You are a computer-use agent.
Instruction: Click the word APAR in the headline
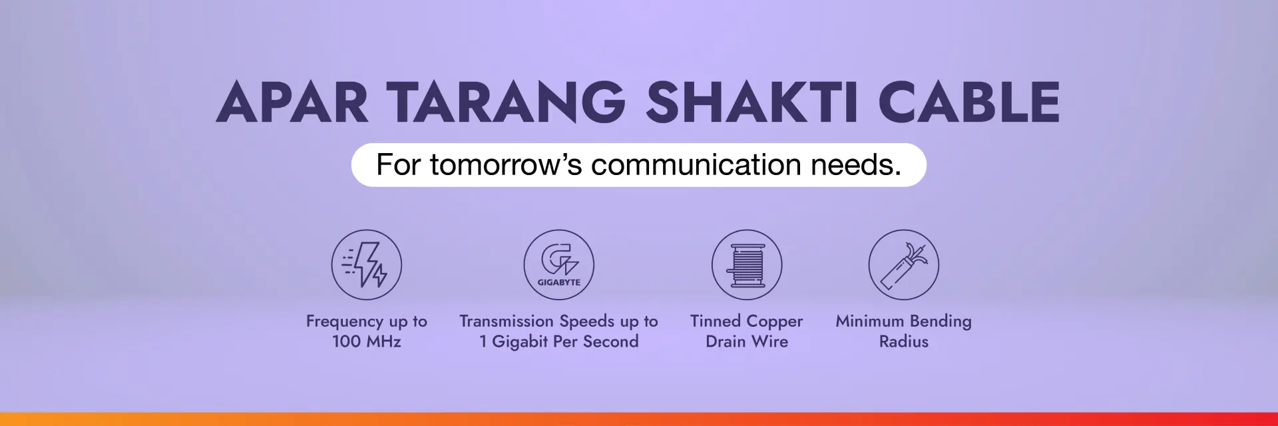tap(292, 103)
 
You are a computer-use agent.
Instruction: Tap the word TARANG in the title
tap(506, 103)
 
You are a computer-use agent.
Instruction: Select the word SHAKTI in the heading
tap(751, 103)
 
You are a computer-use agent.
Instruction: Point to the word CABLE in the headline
tap(968, 103)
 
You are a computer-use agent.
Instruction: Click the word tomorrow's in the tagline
tap(506, 164)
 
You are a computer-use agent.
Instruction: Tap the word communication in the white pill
tap(696, 164)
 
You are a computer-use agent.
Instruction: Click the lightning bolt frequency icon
tap(367, 265)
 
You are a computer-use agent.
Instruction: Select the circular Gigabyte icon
tap(558, 264)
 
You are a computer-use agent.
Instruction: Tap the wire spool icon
tap(747, 265)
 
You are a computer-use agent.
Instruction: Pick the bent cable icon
tap(903, 265)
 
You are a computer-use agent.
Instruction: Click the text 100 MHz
tap(367, 341)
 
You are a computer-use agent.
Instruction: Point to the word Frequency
tap(344, 321)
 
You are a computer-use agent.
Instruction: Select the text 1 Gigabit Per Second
tap(558, 341)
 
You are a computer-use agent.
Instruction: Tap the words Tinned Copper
tap(747, 321)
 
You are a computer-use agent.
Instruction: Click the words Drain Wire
tap(747, 341)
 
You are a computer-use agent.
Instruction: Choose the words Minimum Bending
tap(903, 321)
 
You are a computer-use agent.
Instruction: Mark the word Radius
tap(903, 341)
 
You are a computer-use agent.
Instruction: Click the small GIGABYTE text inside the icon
tap(558, 282)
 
